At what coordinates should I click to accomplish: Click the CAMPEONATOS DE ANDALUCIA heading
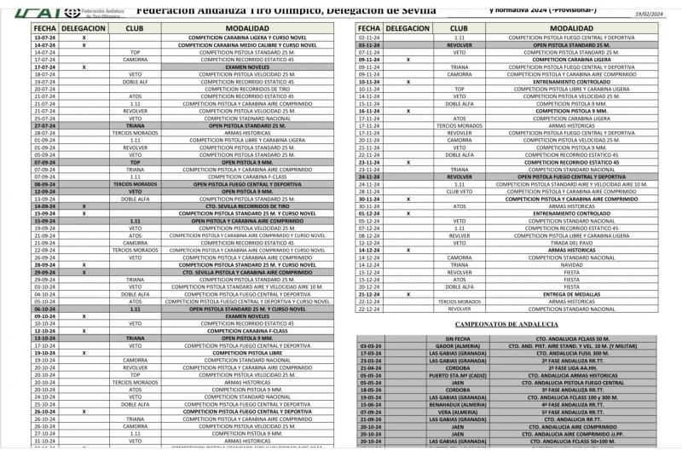pyautogui.click(x=506, y=324)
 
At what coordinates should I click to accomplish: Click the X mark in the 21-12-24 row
pyautogui.click(x=408, y=294)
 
